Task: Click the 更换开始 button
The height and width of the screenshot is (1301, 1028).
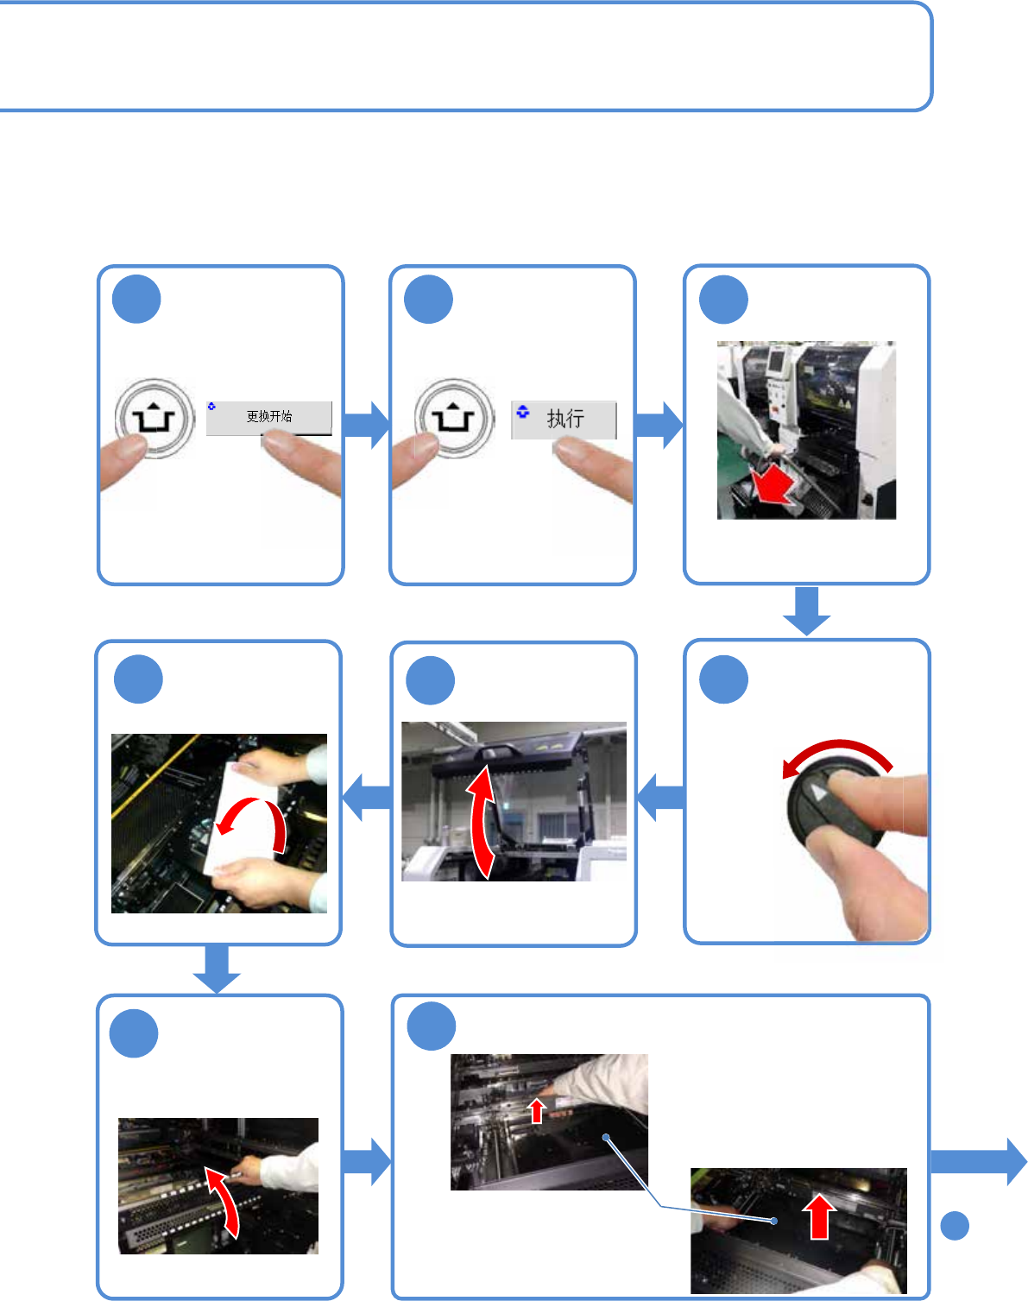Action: (269, 417)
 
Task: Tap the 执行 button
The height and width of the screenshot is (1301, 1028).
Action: (564, 420)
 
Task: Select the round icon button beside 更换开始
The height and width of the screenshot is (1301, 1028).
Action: (155, 419)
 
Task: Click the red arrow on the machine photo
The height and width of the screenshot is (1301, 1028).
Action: (772, 486)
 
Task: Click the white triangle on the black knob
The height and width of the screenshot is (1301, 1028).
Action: (819, 793)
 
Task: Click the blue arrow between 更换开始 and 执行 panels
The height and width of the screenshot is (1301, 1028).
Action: (366, 425)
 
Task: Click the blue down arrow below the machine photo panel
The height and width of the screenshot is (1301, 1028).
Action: (806, 610)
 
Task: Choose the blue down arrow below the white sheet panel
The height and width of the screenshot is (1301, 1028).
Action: (217, 969)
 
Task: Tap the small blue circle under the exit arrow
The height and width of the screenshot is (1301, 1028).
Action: (955, 1226)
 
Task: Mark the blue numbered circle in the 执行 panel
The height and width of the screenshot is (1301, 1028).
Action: (429, 300)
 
